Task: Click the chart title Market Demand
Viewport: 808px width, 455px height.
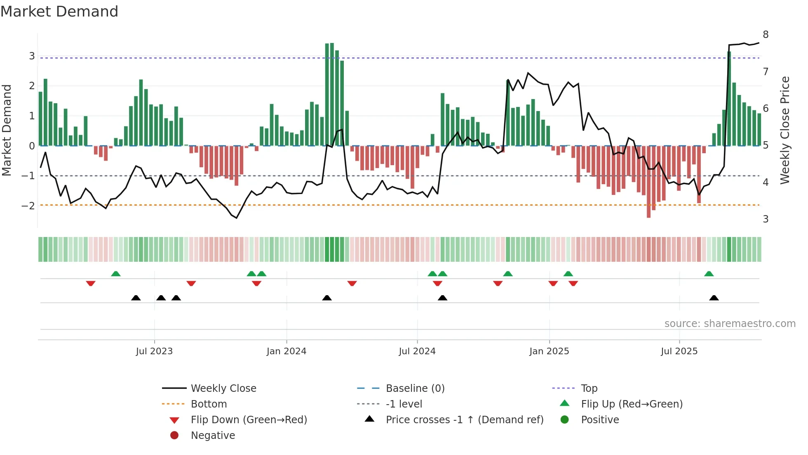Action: pyautogui.click(x=59, y=12)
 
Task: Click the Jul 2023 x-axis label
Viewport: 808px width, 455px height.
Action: pyautogui.click(x=154, y=351)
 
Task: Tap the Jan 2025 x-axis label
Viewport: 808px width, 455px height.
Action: pyautogui.click(x=549, y=351)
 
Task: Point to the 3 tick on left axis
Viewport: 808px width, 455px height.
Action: pyautogui.click(x=32, y=56)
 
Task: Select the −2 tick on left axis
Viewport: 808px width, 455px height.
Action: pyautogui.click(x=28, y=206)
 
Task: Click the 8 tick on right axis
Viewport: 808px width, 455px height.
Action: pyautogui.click(x=766, y=35)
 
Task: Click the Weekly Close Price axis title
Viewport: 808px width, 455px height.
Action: pyautogui.click(x=785, y=130)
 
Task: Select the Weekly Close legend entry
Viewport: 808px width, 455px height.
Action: pyautogui.click(x=223, y=389)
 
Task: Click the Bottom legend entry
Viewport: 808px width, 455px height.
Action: pyautogui.click(x=209, y=404)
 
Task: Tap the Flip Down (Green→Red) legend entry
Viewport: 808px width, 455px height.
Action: pyautogui.click(x=249, y=420)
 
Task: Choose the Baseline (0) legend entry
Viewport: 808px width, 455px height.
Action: pyautogui.click(x=415, y=389)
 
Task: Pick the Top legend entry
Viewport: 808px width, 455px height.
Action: pyautogui.click(x=589, y=389)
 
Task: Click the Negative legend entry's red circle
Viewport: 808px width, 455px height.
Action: pyautogui.click(x=174, y=436)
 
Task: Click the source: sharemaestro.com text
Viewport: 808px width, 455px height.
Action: pyautogui.click(x=730, y=324)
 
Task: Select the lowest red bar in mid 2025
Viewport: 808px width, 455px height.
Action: pyautogui.click(x=648, y=182)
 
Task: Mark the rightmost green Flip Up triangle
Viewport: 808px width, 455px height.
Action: pyautogui.click(x=709, y=274)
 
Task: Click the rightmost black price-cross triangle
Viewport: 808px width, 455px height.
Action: pyautogui.click(x=714, y=298)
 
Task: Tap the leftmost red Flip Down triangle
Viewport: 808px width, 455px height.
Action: pyautogui.click(x=91, y=283)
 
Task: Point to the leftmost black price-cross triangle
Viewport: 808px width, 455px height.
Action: pyautogui.click(x=136, y=298)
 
